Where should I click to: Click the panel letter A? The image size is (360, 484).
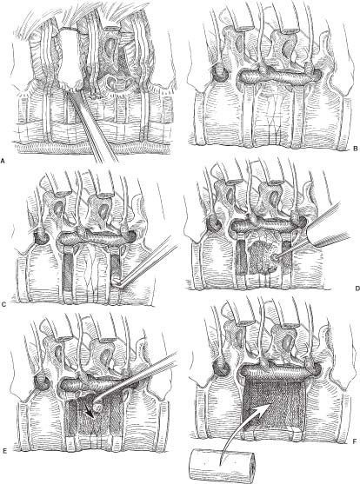[x=3, y=160]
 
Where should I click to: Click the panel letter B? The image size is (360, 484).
[x=355, y=149]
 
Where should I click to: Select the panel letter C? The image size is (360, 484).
[x=3, y=305]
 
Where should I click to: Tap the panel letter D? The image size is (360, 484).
[x=357, y=288]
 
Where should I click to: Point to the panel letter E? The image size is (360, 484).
[x=4, y=450]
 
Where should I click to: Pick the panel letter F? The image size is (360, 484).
[x=355, y=441]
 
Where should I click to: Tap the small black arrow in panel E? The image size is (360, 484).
[x=90, y=412]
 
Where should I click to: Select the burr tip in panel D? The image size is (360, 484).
[x=273, y=257]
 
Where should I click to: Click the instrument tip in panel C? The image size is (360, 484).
[x=117, y=282]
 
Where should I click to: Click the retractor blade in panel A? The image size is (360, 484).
[x=71, y=57]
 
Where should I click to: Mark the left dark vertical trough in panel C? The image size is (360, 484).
[x=68, y=272]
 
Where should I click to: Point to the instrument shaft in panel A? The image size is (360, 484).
[x=93, y=127]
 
